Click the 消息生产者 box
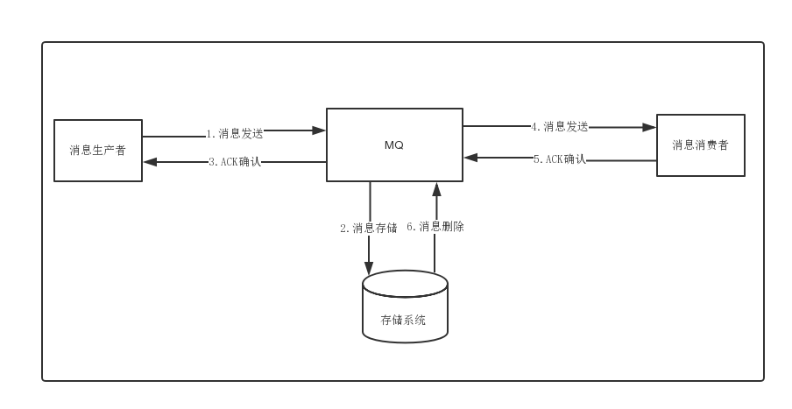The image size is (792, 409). click(98, 151)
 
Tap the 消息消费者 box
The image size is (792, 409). click(701, 145)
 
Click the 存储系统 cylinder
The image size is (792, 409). click(405, 307)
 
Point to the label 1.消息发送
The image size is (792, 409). click(235, 134)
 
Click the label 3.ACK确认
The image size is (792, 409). click(235, 162)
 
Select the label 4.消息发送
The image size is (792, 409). click(559, 126)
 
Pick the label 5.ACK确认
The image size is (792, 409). click(559, 159)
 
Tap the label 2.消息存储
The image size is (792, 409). click(368, 228)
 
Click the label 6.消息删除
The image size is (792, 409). click(435, 227)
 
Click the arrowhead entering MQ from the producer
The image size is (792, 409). click(319, 130)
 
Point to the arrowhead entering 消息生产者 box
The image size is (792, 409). click(150, 161)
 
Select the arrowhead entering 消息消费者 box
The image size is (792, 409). click(649, 127)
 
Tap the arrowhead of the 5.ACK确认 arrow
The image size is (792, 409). click(470, 158)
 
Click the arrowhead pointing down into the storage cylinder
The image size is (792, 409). click(369, 267)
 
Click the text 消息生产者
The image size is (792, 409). click(98, 151)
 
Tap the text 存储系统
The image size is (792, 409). click(403, 321)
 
